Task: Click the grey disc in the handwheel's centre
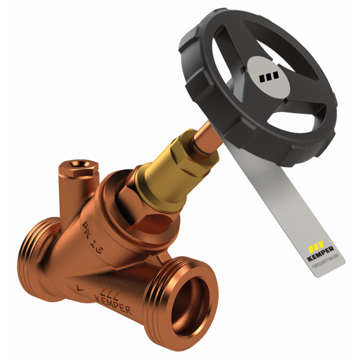pyautogui.click(x=269, y=76)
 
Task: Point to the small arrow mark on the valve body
pyautogui.click(x=77, y=289)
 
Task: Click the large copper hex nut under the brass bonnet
pyautogui.click(x=144, y=209)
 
